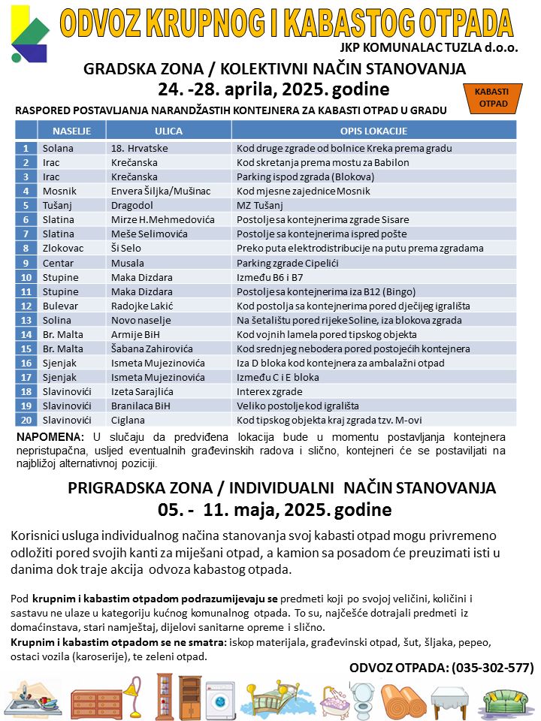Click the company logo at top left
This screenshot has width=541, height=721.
pos(29,34)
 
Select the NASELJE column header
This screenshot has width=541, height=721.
pos(72,131)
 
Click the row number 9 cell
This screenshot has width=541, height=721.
pos(26,263)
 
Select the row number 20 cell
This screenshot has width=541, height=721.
pos(26,420)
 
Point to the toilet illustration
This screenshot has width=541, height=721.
pos(364,698)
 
